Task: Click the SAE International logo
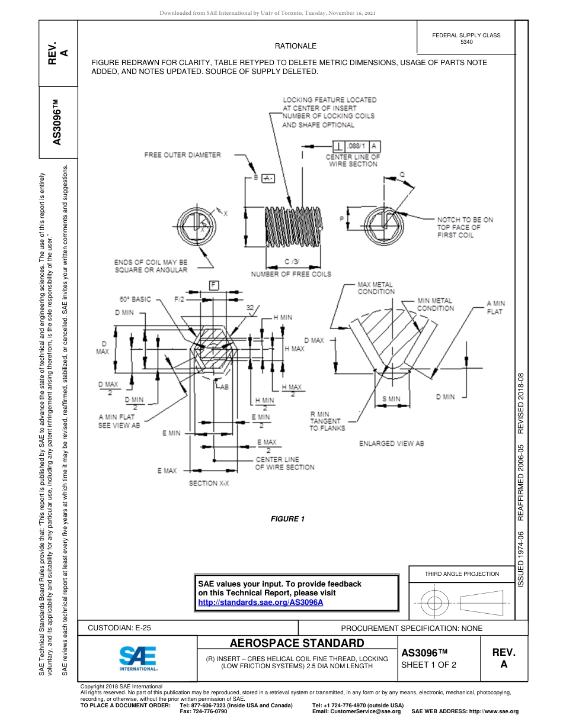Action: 138,658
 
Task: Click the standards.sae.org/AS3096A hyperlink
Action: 260,602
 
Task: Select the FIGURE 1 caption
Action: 287,519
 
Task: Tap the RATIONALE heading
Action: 296,46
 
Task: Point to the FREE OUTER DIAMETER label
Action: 183,155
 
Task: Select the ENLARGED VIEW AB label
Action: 392,443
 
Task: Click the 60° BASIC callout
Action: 135,299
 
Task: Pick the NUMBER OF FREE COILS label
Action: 291,274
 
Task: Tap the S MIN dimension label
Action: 391,400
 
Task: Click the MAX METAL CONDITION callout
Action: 376,288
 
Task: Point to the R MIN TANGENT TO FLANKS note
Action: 327,421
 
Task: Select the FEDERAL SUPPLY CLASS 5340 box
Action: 466,38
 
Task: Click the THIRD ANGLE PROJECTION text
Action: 462,574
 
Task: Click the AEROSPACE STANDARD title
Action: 297,643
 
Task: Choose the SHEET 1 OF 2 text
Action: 428,665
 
